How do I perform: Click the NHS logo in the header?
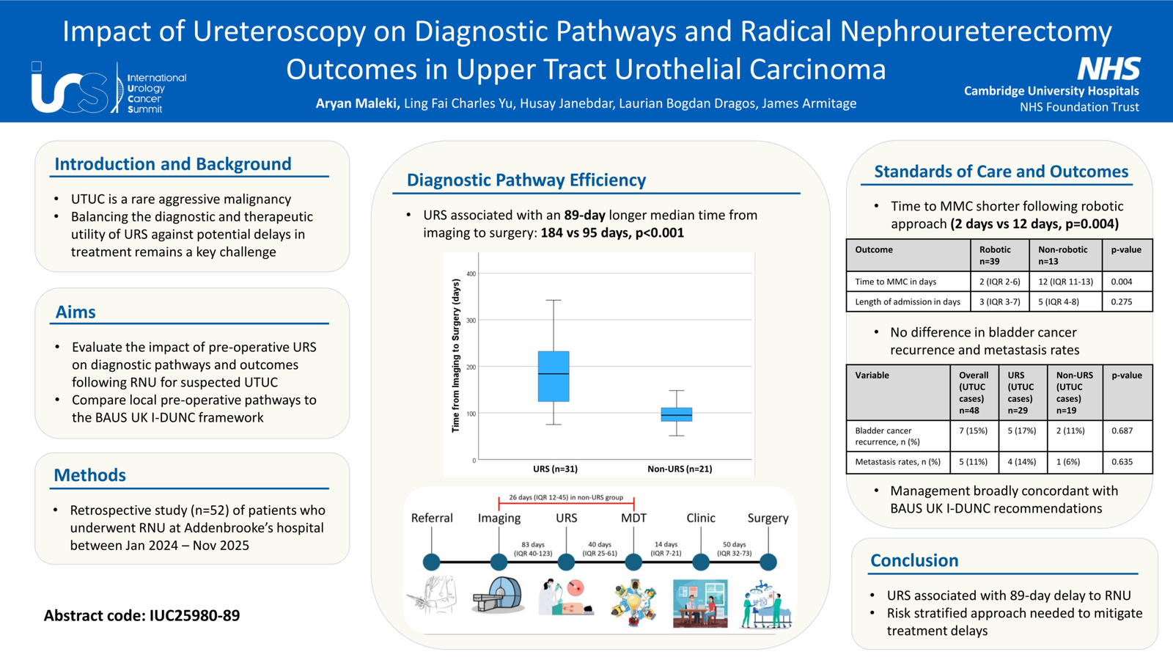1108,69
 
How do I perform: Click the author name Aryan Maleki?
357,103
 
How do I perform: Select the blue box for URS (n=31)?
554,376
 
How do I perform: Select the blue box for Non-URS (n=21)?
677,414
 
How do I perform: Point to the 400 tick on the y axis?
471,274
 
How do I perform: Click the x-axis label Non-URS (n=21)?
680,469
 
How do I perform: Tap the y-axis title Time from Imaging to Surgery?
455,356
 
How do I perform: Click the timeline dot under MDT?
633,562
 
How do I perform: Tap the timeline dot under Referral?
432,562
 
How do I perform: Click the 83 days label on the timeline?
533,545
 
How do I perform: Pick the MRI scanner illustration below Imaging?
498,595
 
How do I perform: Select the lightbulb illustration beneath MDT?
634,602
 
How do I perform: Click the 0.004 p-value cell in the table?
1122,282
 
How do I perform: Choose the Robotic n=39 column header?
995,255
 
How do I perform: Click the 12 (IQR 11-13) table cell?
1066,282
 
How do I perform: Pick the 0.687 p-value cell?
1122,430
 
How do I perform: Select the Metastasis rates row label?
897,462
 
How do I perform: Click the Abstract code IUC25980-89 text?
142,615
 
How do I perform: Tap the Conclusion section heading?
914,560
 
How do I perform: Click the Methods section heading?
90,475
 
